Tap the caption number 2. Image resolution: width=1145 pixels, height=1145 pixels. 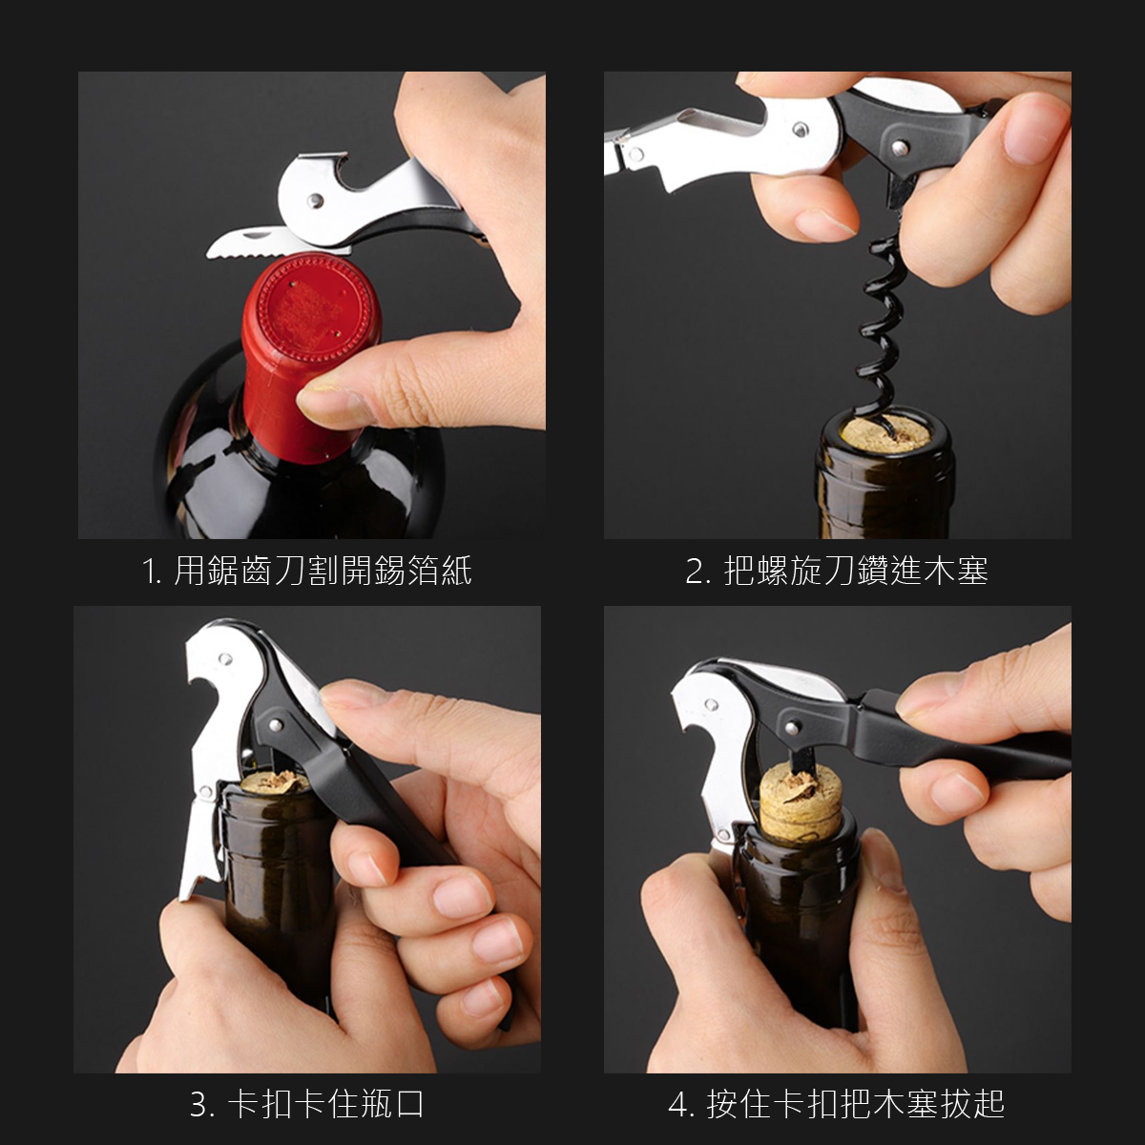point(697,572)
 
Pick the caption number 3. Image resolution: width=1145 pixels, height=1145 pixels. point(201,1104)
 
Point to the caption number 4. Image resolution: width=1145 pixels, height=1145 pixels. point(679,1104)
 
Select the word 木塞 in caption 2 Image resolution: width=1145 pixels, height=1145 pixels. point(954,571)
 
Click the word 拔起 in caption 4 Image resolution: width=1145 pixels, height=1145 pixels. point(973,1104)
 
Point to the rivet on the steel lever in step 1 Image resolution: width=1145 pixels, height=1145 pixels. point(315,200)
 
